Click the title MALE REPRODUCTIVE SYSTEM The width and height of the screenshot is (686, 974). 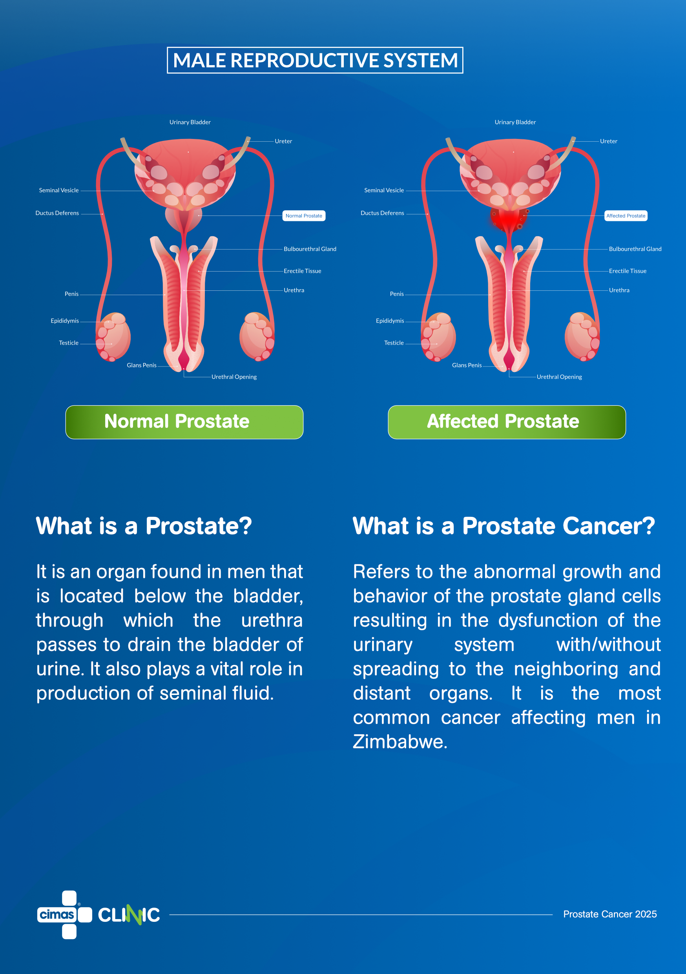(315, 60)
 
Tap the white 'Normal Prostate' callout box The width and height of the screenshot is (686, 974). (304, 216)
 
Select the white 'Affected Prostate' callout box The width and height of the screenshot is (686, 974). (626, 216)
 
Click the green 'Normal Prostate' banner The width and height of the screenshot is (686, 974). (184, 422)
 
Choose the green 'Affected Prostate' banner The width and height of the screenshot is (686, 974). (507, 422)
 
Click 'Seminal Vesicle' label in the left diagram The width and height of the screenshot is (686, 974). (59, 190)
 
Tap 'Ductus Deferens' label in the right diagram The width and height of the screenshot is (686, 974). (382, 213)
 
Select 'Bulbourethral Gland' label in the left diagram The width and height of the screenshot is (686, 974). (310, 249)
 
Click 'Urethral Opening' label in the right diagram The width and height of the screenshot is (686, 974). (559, 377)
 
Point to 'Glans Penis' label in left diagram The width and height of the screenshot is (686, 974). (142, 365)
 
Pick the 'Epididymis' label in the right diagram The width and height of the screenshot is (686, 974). (390, 321)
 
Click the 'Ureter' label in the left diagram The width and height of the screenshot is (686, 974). (283, 141)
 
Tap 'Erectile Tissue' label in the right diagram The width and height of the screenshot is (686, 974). (628, 271)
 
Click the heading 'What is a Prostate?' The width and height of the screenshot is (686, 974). (144, 527)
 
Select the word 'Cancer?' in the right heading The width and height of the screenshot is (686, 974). (609, 527)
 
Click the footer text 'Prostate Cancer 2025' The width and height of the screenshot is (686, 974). (610, 914)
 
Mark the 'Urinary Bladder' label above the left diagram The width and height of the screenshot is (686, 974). (190, 122)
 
